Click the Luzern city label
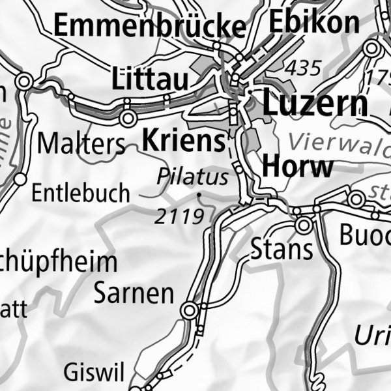pos(315,104)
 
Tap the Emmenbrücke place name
pos(149,26)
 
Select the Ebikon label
pos(313,22)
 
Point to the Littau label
pos(151,80)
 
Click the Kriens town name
pos(183,140)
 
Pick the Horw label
pos(297,167)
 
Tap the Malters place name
pos(81,143)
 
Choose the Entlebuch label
pos(81,194)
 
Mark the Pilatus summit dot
pos(199,194)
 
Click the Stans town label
pos(282,248)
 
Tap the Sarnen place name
pos(134,293)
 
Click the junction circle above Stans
pos(303,225)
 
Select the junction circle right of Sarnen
pos(190,311)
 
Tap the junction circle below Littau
pos(128,118)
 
